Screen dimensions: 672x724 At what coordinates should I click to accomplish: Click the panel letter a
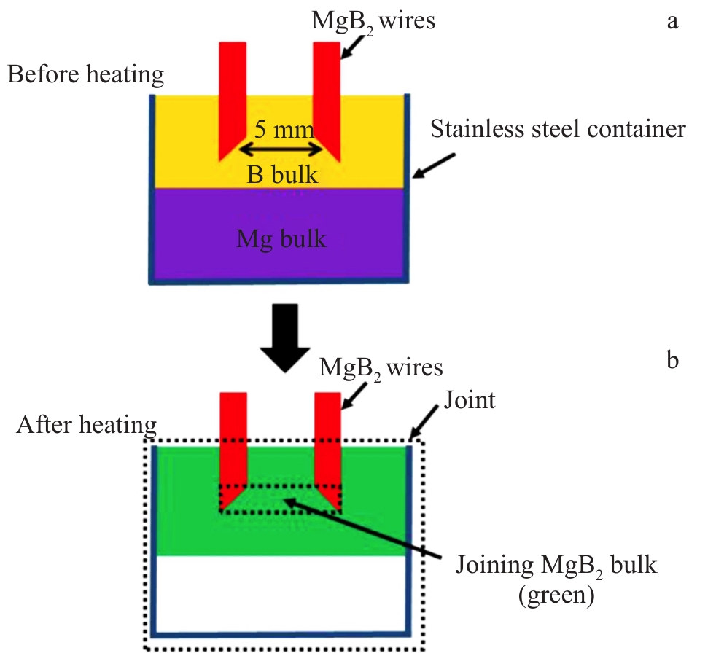click(672, 21)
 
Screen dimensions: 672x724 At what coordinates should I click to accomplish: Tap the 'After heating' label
click(87, 424)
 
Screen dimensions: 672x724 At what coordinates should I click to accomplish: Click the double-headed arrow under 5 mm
click(281, 149)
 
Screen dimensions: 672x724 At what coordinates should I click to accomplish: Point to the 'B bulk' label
click(282, 175)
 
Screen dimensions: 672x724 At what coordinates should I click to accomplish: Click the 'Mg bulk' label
click(281, 238)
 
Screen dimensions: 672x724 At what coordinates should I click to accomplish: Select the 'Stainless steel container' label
click(558, 130)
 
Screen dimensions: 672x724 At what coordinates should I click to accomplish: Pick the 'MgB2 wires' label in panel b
click(381, 367)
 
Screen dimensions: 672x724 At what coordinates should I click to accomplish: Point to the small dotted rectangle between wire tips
click(281, 499)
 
